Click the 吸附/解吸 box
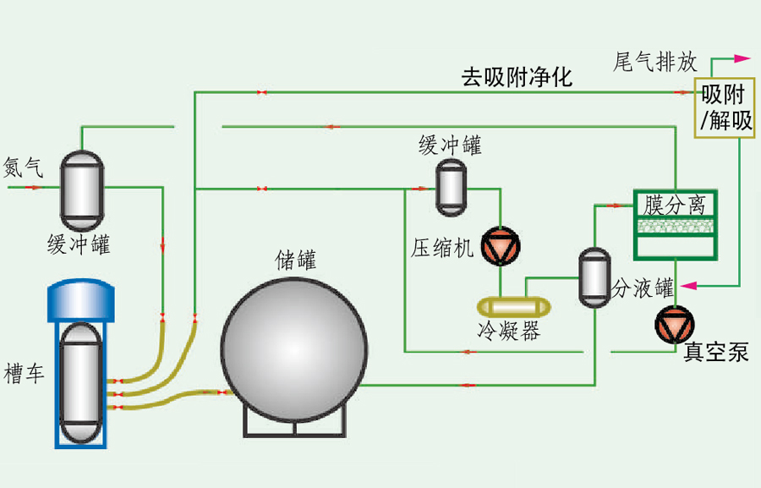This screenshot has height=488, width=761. tap(725, 108)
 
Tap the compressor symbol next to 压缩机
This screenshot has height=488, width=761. tap(499, 244)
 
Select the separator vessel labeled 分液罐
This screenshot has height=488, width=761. tap(594, 276)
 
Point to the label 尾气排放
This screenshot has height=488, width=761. tap(654, 61)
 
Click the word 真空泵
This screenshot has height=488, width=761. tap(715, 352)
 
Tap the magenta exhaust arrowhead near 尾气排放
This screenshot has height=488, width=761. tap(742, 58)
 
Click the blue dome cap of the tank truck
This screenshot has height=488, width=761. tap(81, 295)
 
